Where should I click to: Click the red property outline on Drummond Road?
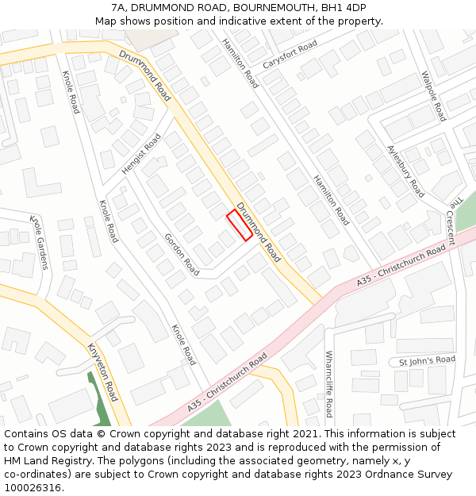(x=240, y=225)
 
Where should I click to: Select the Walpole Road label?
(x=434, y=96)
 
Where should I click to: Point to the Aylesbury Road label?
(x=405, y=171)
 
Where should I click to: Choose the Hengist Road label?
(x=141, y=154)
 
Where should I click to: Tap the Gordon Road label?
(x=182, y=254)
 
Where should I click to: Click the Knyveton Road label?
(x=102, y=372)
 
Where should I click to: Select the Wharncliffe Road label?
(x=328, y=384)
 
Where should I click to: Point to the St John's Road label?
(x=427, y=360)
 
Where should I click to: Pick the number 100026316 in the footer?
(x=33, y=488)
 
